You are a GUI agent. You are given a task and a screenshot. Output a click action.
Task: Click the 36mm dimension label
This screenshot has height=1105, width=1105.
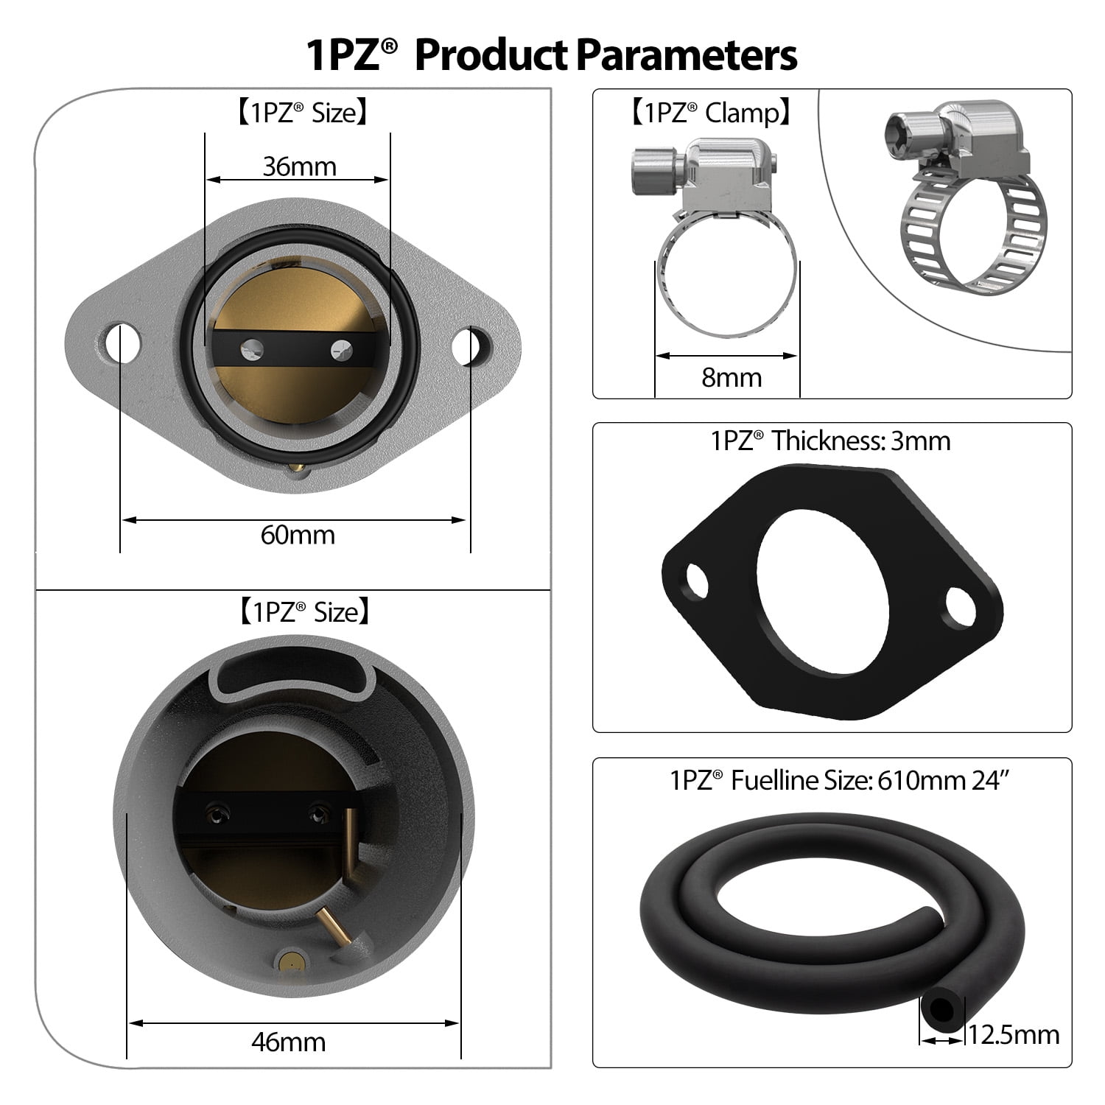299,166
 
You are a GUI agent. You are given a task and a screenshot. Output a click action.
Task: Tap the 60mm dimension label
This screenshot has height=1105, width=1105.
297,534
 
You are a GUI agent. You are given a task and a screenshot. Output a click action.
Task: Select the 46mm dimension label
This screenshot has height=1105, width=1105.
288,1042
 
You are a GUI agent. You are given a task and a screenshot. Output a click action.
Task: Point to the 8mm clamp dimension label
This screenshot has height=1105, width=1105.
731,377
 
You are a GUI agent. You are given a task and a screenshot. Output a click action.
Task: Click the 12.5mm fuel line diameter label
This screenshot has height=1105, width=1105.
1014,1034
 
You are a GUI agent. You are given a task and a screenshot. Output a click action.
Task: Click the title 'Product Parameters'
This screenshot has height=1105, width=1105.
606,55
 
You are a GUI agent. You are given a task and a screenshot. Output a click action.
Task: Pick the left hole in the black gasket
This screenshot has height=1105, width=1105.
696,580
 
